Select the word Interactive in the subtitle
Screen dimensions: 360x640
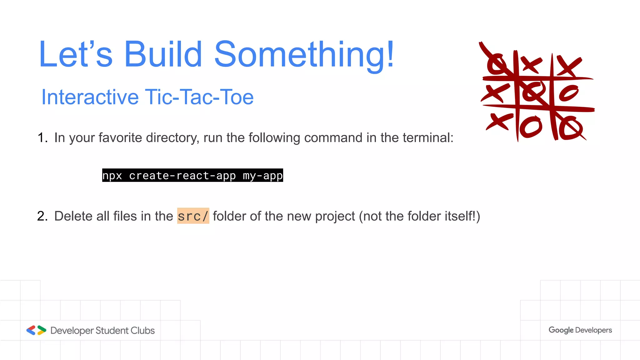click(x=90, y=97)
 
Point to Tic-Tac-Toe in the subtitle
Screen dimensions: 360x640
click(x=199, y=97)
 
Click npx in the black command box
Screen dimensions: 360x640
click(x=112, y=176)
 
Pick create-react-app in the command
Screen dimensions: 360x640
click(x=182, y=176)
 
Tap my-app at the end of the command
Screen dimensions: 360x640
click(x=263, y=176)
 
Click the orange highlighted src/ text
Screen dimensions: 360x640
click(x=193, y=216)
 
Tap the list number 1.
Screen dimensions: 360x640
click(x=42, y=137)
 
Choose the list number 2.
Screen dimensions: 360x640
click(x=42, y=216)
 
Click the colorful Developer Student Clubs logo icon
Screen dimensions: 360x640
click(x=36, y=330)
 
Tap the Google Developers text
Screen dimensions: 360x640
click(x=580, y=330)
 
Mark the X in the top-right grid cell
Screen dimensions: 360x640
click(x=569, y=66)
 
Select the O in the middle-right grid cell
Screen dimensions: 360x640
click(x=568, y=93)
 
